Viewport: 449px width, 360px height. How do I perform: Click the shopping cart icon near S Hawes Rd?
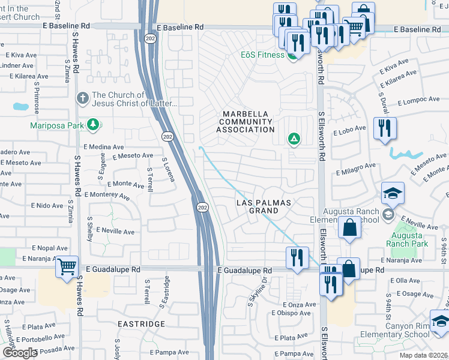[67, 266]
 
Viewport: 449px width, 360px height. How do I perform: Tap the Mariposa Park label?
[58, 125]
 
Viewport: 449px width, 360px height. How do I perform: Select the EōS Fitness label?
[263, 55]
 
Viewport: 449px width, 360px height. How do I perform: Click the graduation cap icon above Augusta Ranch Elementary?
[393, 193]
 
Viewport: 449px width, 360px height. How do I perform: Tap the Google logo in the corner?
[19, 353]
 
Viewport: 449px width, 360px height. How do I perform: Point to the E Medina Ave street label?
[104, 146]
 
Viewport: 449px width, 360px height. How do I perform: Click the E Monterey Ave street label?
[107, 196]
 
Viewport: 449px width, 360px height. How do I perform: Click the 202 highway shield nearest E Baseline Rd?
[148, 38]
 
